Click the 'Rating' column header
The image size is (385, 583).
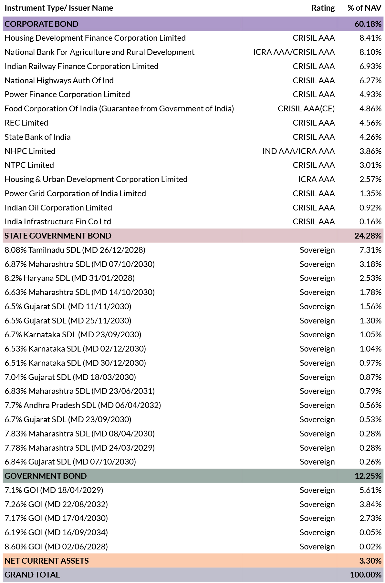pyautogui.click(x=323, y=8)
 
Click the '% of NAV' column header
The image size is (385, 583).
pyautogui.click(x=365, y=8)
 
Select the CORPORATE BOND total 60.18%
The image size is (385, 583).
pyautogui.click(x=368, y=24)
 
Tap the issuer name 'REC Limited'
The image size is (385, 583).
pyautogui.click(x=26, y=123)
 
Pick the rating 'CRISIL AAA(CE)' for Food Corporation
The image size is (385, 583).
pyautogui.click(x=306, y=109)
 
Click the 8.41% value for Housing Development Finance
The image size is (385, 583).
pyautogui.click(x=370, y=38)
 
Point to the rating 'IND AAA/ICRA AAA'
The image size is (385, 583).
pyautogui.click(x=298, y=151)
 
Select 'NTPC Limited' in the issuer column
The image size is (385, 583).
pyautogui.click(x=29, y=165)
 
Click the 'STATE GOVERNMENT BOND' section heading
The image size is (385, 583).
pyautogui.click(x=58, y=236)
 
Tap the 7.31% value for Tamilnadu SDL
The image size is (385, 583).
pyautogui.click(x=370, y=250)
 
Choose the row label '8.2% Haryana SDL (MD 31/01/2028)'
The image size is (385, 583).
pyautogui.click(x=70, y=278)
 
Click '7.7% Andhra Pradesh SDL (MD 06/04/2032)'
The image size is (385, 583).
pyautogui.click(x=83, y=405)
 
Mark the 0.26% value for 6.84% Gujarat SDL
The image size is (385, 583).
pyautogui.click(x=370, y=462)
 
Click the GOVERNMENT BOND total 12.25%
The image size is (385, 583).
pyautogui.click(x=368, y=476)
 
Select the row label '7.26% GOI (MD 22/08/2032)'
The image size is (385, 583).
pyautogui.click(x=56, y=504)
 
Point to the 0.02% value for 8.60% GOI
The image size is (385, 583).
pyautogui.click(x=370, y=547)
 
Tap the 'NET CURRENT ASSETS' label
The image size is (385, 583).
pyautogui.click(x=47, y=561)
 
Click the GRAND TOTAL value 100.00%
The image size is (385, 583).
pyautogui.click(x=366, y=575)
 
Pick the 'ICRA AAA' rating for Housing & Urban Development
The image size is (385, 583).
pyautogui.click(x=317, y=179)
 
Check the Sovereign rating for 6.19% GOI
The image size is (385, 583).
pyautogui.click(x=317, y=533)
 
